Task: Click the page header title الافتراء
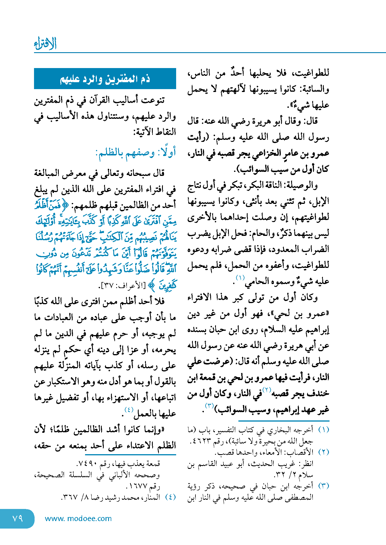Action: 45,44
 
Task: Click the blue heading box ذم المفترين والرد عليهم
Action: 105,79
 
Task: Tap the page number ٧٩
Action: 17,518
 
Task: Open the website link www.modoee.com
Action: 78,518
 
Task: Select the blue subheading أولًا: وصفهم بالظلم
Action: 135,152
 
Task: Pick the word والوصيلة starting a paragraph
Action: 306,185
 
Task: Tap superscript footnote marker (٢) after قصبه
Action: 267,390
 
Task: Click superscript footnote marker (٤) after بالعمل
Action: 129,409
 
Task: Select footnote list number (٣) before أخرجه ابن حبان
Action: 323,486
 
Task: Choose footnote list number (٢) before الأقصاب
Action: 323,452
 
